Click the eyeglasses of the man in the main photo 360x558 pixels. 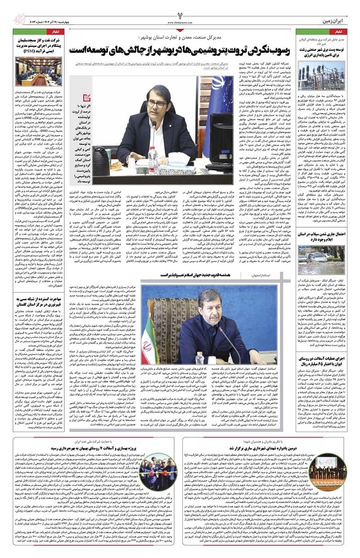click(157, 104)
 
